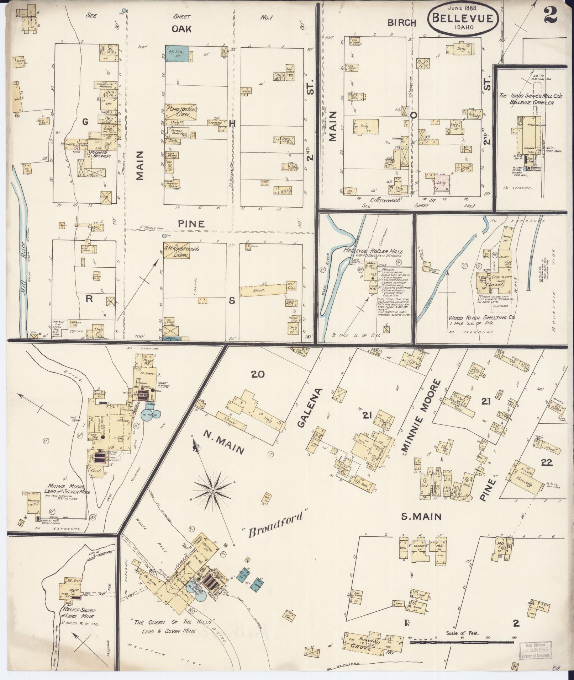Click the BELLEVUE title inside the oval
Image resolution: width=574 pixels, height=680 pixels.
tap(462, 18)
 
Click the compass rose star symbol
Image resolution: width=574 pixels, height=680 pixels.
tap(212, 491)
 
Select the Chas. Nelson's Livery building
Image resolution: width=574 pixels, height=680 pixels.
tap(182, 110)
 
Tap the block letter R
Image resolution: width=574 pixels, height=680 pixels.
tap(88, 299)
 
